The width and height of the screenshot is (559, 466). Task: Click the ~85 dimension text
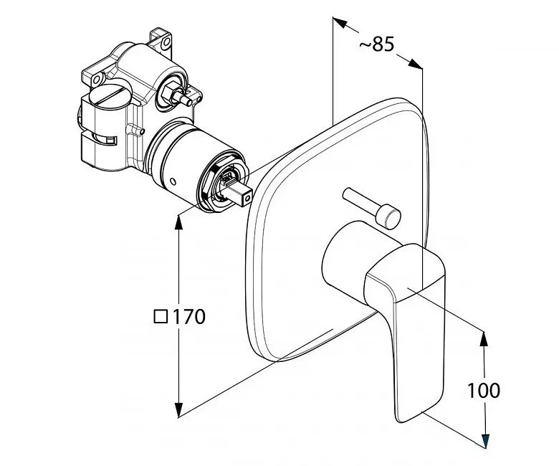376,45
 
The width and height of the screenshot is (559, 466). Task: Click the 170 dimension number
189,316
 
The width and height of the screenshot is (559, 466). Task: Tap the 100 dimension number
484,390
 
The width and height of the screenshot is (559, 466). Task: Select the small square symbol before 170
161,316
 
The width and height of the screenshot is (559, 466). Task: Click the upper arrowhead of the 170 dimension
178,223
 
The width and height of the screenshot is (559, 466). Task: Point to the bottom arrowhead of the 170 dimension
178,409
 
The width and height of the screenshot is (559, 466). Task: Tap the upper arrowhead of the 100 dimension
484,339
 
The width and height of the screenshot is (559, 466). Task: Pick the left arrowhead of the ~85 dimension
340,22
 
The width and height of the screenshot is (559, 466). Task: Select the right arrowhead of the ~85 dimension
416,64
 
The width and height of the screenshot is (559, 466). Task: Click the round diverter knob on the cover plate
388,217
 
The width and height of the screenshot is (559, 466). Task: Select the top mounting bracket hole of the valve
166,43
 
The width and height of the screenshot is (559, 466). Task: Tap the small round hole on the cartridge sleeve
173,181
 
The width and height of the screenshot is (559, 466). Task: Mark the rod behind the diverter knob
359,201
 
